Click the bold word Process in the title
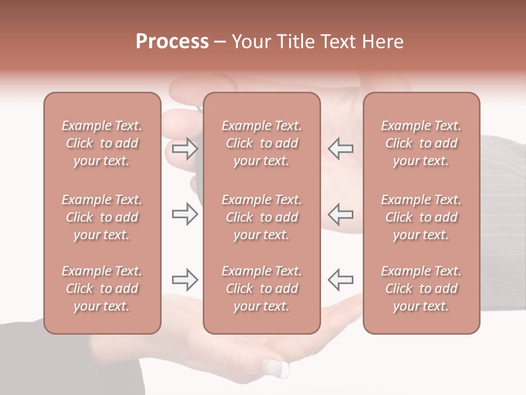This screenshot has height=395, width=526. (x=172, y=42)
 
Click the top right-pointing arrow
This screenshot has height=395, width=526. (x=185, y=149)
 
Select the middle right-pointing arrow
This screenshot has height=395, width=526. (x=185, y=214)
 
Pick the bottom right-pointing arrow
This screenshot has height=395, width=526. (x=185, y=280)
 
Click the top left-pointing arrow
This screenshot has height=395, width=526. (x=340, y=149)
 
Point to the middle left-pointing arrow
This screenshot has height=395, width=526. (x=340, y=214)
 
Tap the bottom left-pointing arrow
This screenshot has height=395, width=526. (x=340, y=280)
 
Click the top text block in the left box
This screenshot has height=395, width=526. (x=102, y=143)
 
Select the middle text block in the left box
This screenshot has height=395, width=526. (x=102, y=217)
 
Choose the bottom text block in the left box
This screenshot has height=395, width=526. (x=102, y=289)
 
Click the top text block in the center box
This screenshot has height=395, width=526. (x=261, y=143)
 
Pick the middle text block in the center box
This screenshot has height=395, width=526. (x=261, y=217)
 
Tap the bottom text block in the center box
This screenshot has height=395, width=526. (x=261, y=289)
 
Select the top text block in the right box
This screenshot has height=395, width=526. (x=421, y=143)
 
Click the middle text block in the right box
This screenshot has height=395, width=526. (x=421, y=217)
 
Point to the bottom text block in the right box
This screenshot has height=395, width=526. (x=421, y=289)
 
